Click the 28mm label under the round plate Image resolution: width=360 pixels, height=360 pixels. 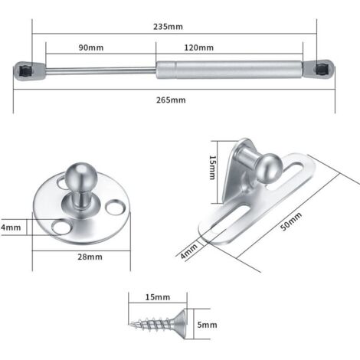pos(90,257)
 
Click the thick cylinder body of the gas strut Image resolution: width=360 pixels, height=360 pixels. pos(230,70)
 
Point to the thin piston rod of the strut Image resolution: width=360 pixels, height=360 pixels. pos(100,70)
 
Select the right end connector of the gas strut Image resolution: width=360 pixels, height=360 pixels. pos(323,70)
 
